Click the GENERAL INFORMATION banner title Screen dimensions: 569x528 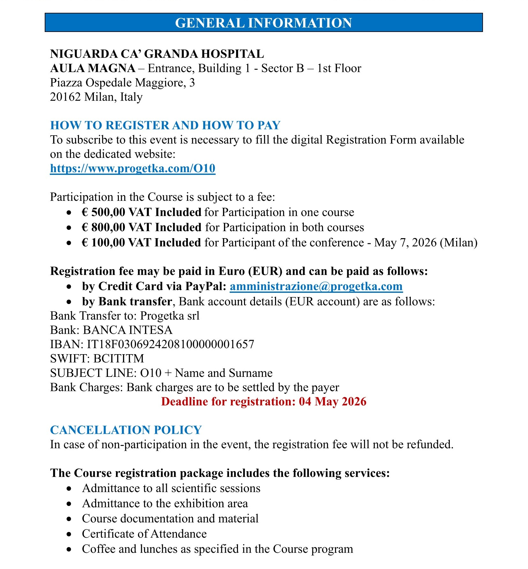(x=264, y=23)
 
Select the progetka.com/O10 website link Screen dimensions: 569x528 (x=133, y=168)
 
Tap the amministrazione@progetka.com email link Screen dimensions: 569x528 (x=316, y=286)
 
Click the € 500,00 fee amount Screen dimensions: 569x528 (x=103, y=212)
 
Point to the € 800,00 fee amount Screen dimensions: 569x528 (x=103, y=227)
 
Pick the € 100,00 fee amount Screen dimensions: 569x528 (x=103, y=243)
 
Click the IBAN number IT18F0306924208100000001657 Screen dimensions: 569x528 (x=171, y=344)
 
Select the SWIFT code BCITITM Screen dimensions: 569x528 (x=119, y=359)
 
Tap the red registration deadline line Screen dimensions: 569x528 (x=264, y=401)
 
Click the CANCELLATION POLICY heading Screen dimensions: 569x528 (x=126, y=430)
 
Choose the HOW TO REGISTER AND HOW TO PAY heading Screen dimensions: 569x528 (x=165, y=125)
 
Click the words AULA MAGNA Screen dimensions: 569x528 (x=93, y=68)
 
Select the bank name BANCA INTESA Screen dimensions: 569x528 (x=128, y=330)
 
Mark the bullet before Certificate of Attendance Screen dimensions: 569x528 (x=69, y=534)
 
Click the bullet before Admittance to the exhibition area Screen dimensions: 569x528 (x=69, y=504)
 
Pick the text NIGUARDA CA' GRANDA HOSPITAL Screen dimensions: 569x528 (x=157, y=54)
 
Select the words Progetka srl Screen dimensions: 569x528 (x=170, y=316)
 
